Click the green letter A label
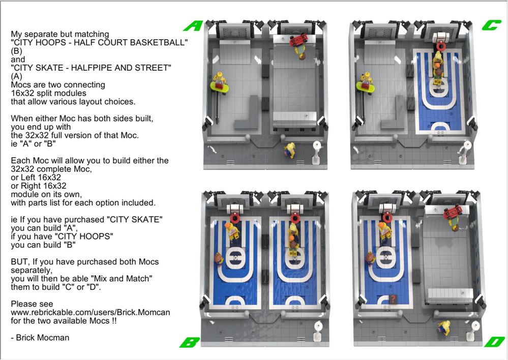click(x=193, y=25)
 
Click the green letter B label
click(x=189, y=342)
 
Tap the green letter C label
click(x=492, y=25)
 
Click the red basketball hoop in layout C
click(x=438, y=45)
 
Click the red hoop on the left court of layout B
click(x=234, y=218)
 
